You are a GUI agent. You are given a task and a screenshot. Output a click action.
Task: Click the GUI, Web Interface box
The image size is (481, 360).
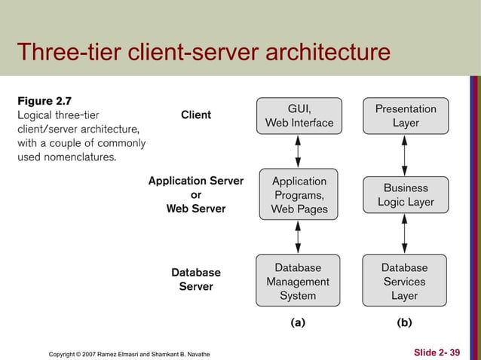[x=299, y=115]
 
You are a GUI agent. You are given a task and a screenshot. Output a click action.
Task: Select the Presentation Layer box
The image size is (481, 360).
[x=406, y=115]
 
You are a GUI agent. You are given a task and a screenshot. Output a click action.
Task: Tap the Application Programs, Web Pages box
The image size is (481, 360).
[x=299, y=195]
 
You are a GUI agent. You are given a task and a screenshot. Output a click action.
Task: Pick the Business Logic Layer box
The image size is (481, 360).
[x=406, y=195]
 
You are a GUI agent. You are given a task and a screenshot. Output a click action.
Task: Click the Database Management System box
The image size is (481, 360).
[x=299, y=282]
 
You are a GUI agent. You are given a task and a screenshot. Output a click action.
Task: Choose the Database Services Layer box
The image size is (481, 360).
[x=406, y=282]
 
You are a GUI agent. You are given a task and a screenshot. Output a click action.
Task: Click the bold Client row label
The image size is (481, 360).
[x=196, y=115]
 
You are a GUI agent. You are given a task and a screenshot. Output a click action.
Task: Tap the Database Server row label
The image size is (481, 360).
[x=196, y=279]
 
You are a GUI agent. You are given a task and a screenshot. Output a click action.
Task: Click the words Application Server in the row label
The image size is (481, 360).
[x=196, y=181]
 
